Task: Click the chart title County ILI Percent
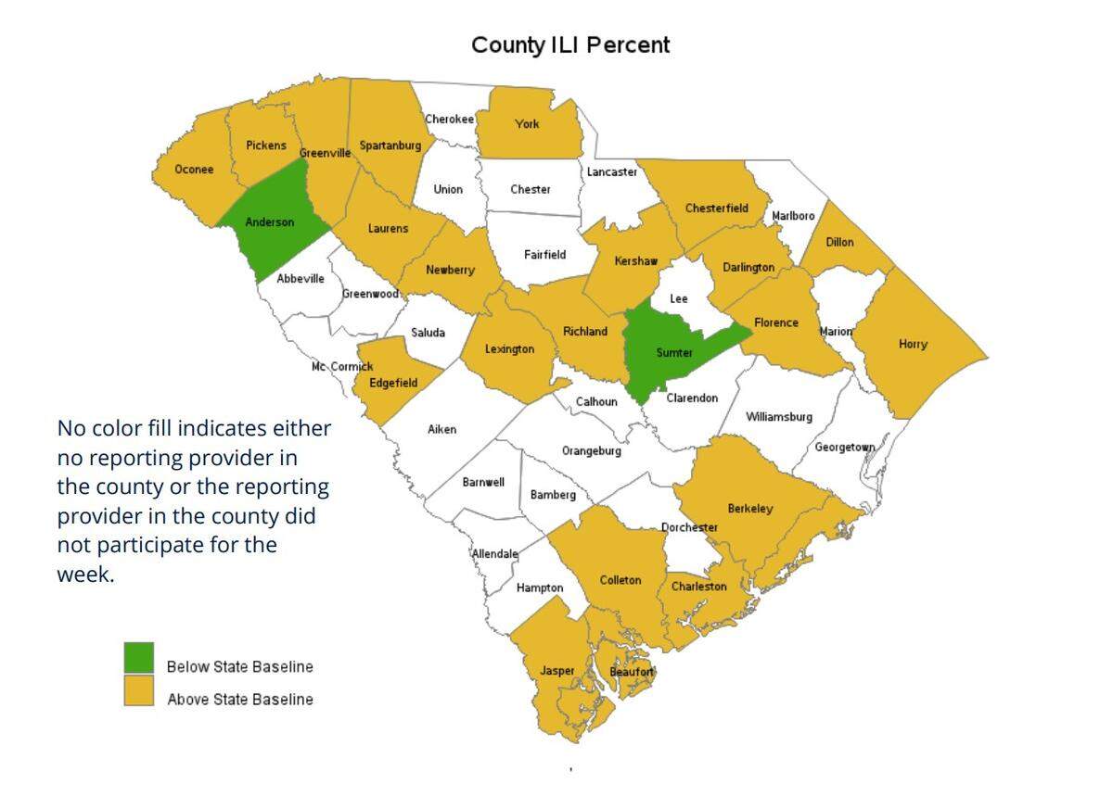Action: pyautogui.click(x=570, y=45)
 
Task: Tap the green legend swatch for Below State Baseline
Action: pyautogui.click(x=139, y=658)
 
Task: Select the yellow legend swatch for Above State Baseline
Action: pyautogui.click(x=139, y=690)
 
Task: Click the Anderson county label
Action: pyautogui.click(x=269, y=222)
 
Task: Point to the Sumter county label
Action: pyautogui.click(x=674, y=353)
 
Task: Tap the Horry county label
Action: pyautogui.click(x=913, y=344)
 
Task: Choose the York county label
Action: pyautogui.click(x=527, y=124)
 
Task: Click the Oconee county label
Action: pyautogui.click(x=194, y=170)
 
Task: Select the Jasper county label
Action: pyautogui.click(x=556, y=671)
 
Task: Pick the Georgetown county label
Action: pyautogui.click(x=844, y=448)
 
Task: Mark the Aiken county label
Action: pyautogui.click(x=441, y=430)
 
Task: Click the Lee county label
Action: pyautogui.click(x=679, y=299)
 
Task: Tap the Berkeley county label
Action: pyautogui.click(x=749, y=509)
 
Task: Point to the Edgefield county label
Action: pyautogui.click(x=393, y=383)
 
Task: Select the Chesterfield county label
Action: pyautogui.click(x=716, y=208)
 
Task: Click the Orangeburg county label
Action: pyautogui.click(x=591, y=451)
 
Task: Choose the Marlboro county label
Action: pyautogui.click(x=793, y=216)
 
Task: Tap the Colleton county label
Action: pyautogui.click(x=620, y=580)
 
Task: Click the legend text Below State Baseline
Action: pyautogui.click(x=239, y=666)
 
